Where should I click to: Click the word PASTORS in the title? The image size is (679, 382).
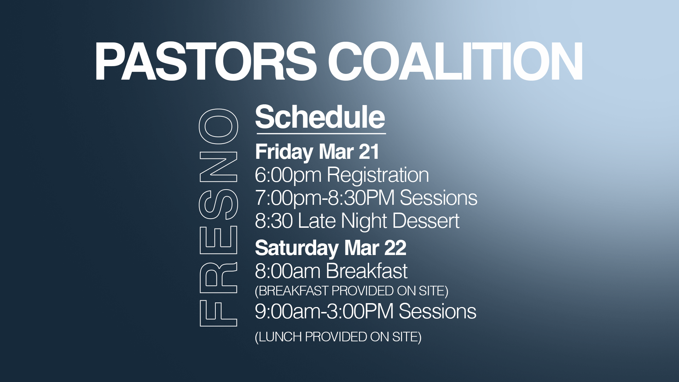click(x=205, y=61)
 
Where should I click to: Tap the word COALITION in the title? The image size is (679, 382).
click(x=455, y=61)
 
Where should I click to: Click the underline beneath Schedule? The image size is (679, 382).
click(x=321, y=134)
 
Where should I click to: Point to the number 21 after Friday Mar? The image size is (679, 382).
click(x=369, y=152)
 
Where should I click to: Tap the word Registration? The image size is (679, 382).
click(x=378, y=175)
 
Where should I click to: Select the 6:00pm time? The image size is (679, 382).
click(x=288, y=175)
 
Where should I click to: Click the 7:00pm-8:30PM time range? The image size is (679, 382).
click(x=325, y=198)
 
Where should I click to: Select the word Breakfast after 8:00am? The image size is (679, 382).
click(x=367, y=271)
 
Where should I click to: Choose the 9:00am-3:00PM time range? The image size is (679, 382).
click(x=324, y=311)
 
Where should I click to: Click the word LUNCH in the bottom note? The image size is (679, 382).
click(x=280, y=337)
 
